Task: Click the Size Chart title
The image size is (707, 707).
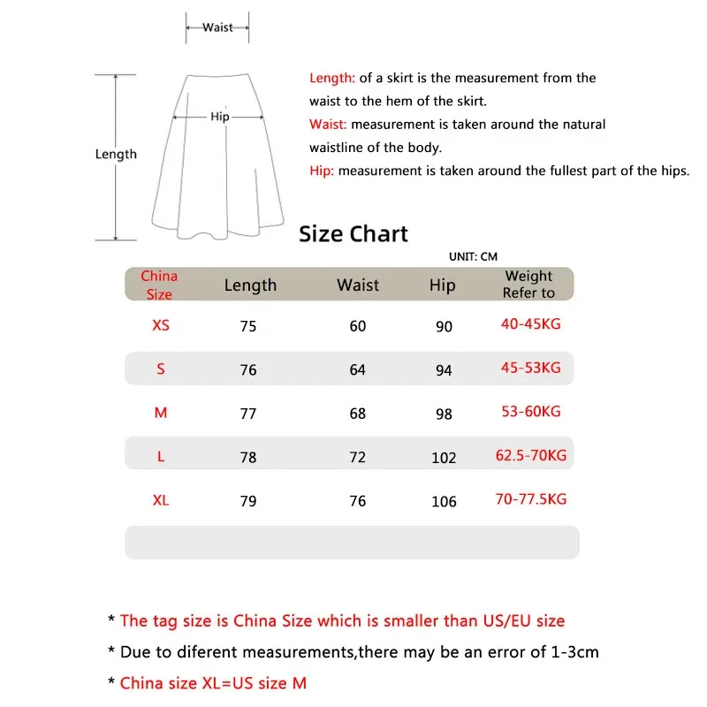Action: coord(353,234)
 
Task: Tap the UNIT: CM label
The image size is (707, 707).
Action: coord(473,256)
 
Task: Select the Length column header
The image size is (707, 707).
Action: coord(250,285)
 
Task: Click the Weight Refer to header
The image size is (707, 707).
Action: coord(528,285)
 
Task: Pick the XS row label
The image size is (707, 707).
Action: coord(161,325)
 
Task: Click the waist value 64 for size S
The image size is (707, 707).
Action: coord(357,369)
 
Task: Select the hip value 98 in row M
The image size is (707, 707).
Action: coord(444,414)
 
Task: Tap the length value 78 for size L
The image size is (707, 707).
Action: coord(248,457)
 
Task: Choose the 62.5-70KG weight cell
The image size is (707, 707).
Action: coord(531,456)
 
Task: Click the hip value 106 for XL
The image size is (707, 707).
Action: coord(444,501)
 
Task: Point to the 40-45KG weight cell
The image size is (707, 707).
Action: coord(530,324)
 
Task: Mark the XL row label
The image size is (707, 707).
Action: coord(160,500)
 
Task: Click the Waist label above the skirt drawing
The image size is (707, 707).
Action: coord(217,27)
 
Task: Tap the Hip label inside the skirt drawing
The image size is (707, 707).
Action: coord(220,117)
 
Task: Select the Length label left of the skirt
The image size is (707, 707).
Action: coord(116,154)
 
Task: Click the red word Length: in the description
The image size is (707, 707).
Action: coord(332,78)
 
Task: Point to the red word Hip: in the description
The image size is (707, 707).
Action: coord(322,171)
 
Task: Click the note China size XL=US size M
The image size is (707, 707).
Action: coord(213,682)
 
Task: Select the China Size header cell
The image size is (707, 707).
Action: coord(159,285)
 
